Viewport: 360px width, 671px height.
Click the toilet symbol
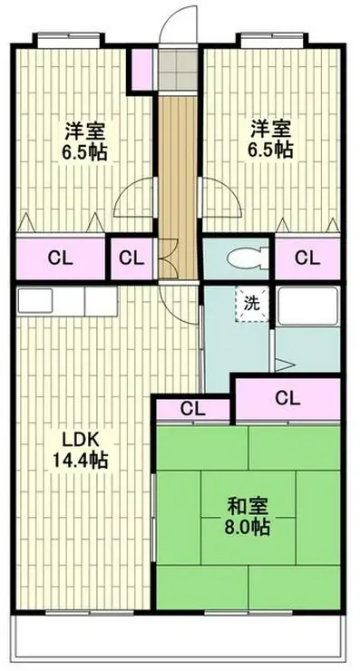point(247,259)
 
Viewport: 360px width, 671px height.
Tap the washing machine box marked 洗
point(252,304)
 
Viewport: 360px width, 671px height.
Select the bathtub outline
point(307,306)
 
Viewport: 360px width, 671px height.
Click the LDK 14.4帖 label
point(81,450)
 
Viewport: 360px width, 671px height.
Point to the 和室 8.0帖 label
point(248,517)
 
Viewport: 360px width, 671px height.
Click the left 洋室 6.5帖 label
point(84,141)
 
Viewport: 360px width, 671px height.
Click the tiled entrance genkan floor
point(178,69)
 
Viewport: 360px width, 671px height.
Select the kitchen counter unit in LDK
point(67,302)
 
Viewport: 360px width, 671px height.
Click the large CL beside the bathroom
point(288,399)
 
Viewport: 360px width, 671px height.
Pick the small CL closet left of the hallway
point(131,258)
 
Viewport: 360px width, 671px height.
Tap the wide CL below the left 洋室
point(61,258)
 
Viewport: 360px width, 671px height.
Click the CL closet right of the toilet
point(307,258)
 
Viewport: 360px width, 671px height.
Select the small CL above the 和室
point(193,410)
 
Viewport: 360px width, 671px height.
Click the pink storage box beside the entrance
point(142,70)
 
